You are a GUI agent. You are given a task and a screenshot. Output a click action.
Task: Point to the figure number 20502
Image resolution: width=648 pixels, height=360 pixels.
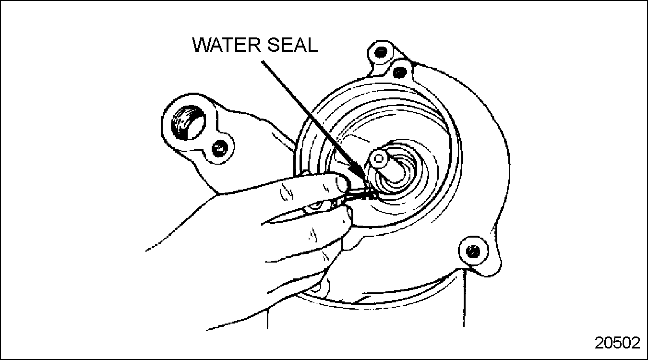pos(617,343)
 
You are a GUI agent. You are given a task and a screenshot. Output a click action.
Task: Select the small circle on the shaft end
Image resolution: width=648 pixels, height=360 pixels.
pos(379,158)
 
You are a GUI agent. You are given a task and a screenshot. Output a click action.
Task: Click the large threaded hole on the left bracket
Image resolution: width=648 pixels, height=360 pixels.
pos(188,123)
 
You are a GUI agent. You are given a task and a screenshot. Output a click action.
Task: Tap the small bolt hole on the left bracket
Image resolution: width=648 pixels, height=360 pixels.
pos(220,149)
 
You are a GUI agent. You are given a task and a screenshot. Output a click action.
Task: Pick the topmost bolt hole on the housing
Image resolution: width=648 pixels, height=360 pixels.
pos(381,52)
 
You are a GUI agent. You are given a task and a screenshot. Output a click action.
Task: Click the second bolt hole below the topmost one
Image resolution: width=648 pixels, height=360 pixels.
pos(399,72)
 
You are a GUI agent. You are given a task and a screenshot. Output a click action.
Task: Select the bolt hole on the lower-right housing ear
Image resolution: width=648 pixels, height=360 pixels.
pos(473,251)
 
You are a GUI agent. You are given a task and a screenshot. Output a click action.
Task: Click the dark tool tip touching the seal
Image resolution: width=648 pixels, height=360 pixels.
pos(370,196)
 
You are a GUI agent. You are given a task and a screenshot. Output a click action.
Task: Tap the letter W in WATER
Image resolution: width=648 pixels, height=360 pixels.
pos(203,45)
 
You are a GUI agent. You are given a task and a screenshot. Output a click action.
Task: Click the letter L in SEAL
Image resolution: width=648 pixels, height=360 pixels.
pos(312,45)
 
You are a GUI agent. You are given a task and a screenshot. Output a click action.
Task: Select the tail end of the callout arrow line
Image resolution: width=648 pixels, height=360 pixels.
pos(262,61)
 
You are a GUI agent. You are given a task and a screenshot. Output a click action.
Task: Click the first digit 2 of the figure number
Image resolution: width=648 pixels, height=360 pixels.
pos(599,343)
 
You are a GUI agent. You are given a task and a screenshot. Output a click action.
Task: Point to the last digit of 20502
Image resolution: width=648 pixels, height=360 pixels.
pos(636,343)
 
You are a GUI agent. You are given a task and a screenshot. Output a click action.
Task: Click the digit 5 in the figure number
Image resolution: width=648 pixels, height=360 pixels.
pos(617,343)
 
